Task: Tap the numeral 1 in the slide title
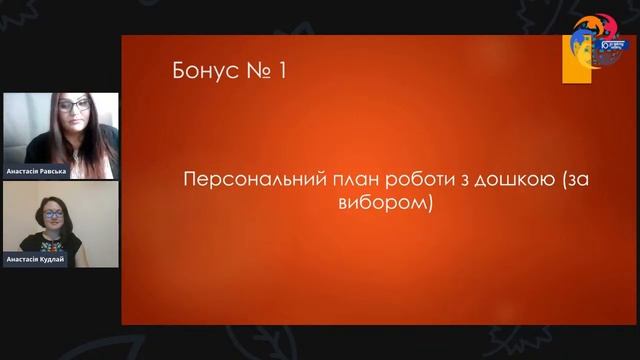click(x=286, y=71)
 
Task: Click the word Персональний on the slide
click(x=242, y=180)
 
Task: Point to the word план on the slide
click(x=335, y=180)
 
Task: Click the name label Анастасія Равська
click(x=36, y=170)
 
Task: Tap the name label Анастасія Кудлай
click(x=36, y=259)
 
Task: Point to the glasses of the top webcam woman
click(x=75, y=105)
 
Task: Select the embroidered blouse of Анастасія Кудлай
click(x=50, y=242)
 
